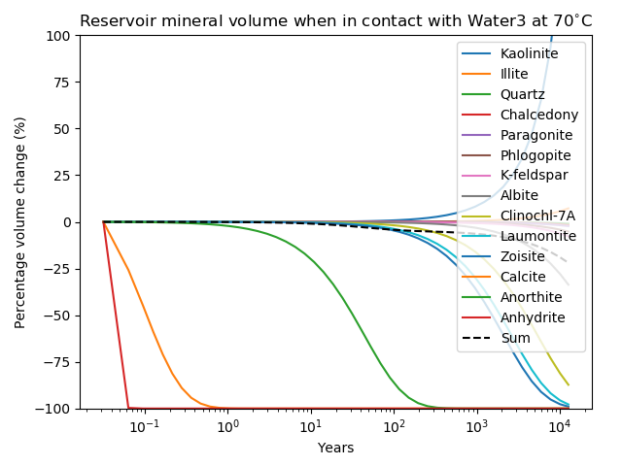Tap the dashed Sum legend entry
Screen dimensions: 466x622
515,338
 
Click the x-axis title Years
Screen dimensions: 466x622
335,448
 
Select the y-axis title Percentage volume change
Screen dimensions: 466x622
20,222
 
